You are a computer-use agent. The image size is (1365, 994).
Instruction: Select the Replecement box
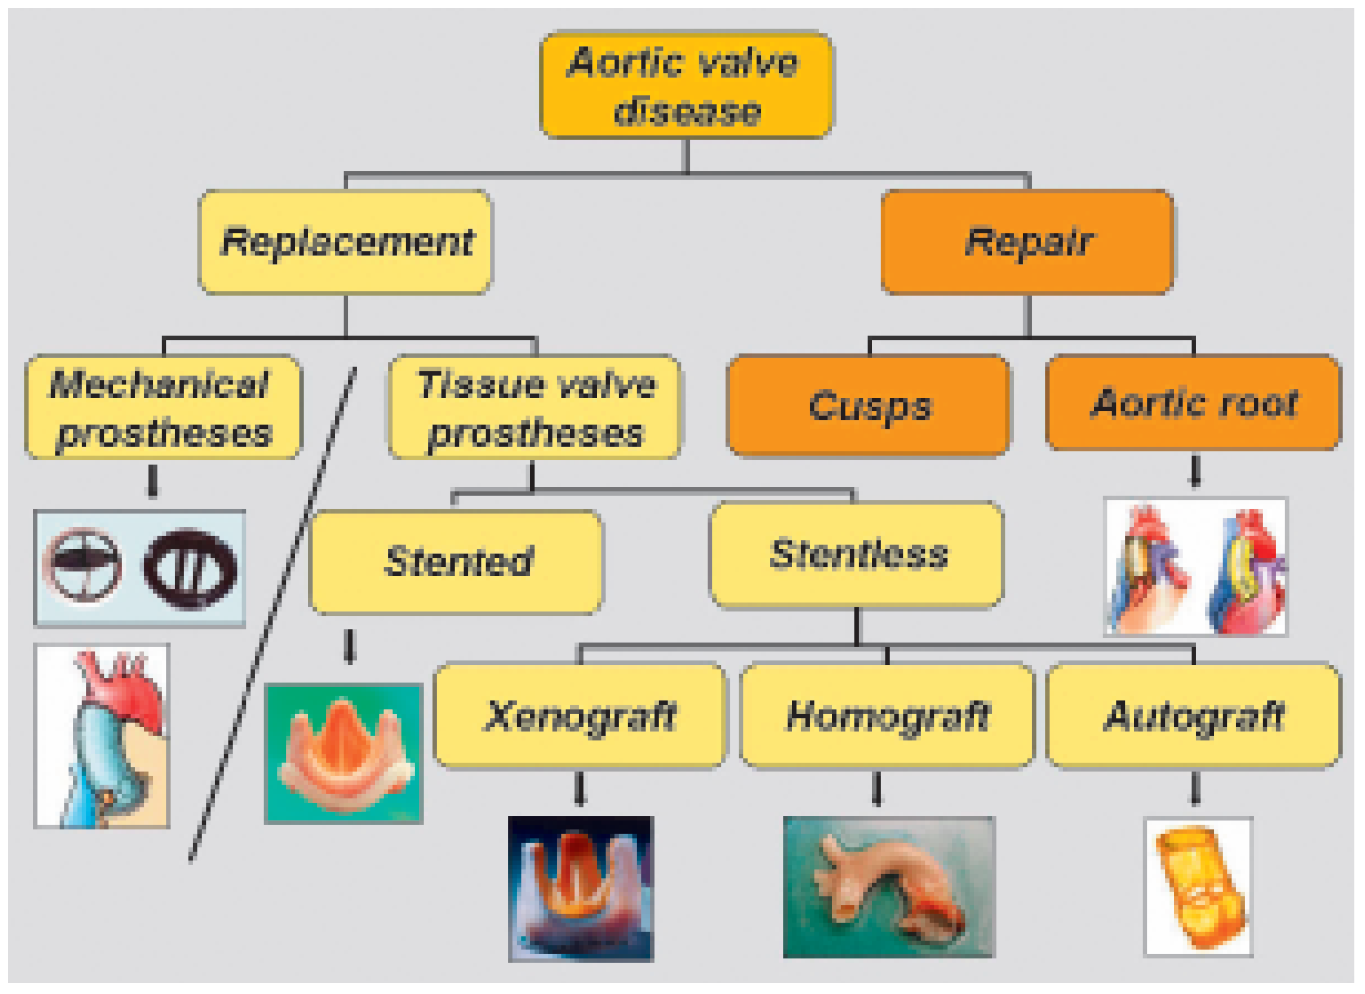pyautogui.click(x=346, y=242)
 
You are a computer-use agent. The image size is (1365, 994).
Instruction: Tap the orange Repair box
pyautogui.click(x=1027, y=242)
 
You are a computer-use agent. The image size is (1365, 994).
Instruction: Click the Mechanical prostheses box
pyautogui.click(x=163, y=408)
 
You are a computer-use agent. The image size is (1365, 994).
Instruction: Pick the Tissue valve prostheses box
pyautogui.click(x=535, y=408)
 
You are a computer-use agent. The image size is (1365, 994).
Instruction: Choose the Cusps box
pyautogui.click(x=868, y=405)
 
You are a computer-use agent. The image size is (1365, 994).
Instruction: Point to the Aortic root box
pyautogui.click(x=1193, y=402)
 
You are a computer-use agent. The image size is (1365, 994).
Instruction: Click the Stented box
pyautogui.click(x=456, y=561)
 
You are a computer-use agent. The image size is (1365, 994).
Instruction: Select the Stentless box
pyautogui.click(x=857, y=554)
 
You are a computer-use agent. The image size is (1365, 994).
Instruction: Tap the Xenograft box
pyautogui.click(x=580, y=715)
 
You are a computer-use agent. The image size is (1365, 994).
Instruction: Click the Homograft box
pyautogui.click(x=887, y=715)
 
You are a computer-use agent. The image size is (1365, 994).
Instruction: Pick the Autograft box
pyautogui.click(x=1193, y=715)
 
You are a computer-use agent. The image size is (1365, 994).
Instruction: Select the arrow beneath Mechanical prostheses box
pyautogui.click(x=153, y=482)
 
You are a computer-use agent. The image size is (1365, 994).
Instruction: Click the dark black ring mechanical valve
pyautogui.click(x=190, y=568)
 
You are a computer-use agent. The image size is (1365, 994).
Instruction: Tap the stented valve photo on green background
pyautogui.click(x=344, y=753)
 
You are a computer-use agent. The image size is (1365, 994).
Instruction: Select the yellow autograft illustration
pyautogui.click(x=1198, y=886)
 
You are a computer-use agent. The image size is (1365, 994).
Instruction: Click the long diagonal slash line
pyautogui.click(x=272, y=614)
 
